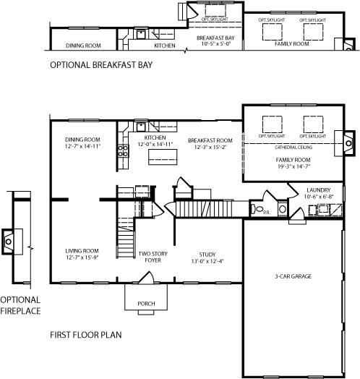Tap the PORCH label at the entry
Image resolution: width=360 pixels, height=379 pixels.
pyautogui.click(x=146, y=304)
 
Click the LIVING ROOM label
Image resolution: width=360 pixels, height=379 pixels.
pyautogui.click(x=81, y=250)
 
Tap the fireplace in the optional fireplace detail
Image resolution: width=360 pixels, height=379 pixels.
pyautogui.click(x=9, y=239)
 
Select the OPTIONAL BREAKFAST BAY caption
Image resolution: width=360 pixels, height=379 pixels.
pyautogui.click(x=100, y=64)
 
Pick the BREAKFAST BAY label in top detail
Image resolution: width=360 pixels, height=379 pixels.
pyautogui.click(x=215, y=37)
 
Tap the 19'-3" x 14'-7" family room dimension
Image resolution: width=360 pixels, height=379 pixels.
pyautogui.click(x=292, y=166)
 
